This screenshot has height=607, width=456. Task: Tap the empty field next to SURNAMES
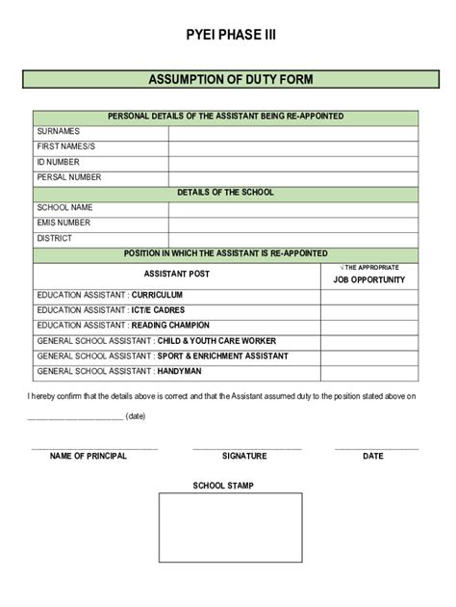293,131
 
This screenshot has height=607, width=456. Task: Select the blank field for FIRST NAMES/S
293,146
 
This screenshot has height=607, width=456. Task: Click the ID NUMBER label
58,162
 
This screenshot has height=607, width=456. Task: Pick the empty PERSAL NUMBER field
293,177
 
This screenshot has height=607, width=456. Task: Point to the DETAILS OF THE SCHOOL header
225,192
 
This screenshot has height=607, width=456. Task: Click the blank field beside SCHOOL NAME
293,207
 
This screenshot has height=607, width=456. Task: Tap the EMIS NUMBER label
63,223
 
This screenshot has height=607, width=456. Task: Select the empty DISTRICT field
293,238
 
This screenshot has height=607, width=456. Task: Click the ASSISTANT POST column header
176,274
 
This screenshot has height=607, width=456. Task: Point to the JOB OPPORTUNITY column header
369,279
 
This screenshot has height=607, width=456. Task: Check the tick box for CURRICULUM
369,295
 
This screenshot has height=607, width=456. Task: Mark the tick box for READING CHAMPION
369,326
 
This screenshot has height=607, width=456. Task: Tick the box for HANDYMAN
369,372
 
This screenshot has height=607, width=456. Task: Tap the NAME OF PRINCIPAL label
89,456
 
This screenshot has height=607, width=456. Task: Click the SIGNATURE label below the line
244,456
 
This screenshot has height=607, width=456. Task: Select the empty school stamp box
223,542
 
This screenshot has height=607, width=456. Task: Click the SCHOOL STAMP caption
223,486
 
